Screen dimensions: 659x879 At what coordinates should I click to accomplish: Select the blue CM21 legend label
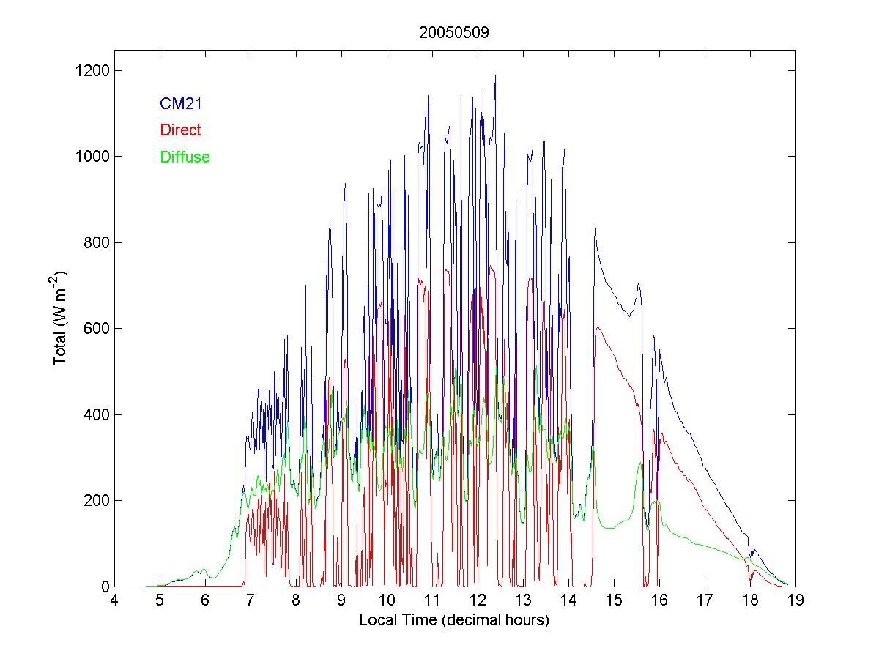point(180,104)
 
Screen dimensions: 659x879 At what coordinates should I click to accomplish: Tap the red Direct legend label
point(179,130)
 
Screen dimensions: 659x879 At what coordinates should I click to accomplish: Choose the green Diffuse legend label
point(185,157)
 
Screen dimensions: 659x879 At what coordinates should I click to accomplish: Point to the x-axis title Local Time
point(454,620)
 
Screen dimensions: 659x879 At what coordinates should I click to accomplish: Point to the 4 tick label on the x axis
point(114,601)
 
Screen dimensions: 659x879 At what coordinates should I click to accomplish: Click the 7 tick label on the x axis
point(251,601)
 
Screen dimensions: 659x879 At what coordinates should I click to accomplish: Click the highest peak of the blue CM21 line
point(496,75)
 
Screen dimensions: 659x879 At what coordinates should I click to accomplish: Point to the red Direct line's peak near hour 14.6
point(598,327)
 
